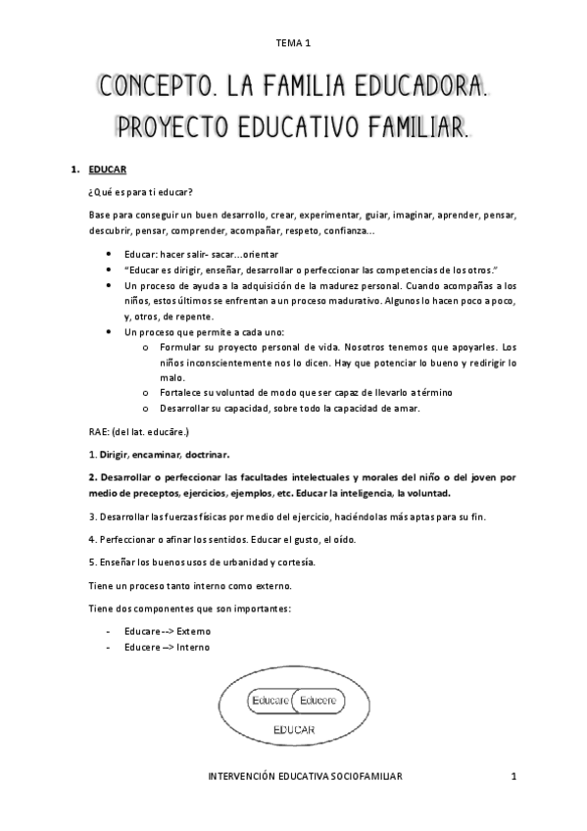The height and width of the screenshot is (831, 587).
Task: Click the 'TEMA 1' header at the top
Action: (293, 43)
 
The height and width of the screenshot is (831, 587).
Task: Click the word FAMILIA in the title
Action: (288, 89)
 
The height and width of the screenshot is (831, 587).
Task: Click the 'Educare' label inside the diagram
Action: (270, 701)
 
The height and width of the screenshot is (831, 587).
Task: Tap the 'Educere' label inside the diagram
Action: (318, 701)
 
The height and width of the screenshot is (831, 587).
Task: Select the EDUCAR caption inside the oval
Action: (293, 731)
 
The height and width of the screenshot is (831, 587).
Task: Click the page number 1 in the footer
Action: (513, 775)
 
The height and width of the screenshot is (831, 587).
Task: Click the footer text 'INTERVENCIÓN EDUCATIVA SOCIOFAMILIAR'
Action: (306, 775)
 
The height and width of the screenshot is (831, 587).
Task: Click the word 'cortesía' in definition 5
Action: (293, 562)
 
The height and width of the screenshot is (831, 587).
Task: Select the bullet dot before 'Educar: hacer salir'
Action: (106, 254)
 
